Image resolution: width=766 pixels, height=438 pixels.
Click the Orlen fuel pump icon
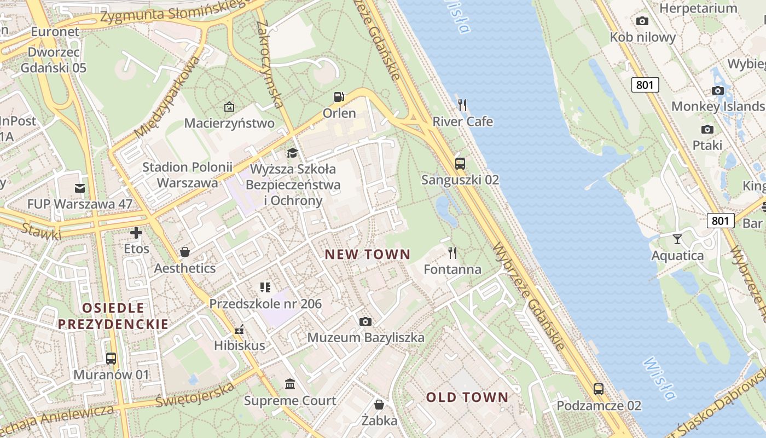click(339, 97)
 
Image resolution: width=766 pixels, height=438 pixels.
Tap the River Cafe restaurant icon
click(462, 105)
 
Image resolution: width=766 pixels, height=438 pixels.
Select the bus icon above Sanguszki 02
click(460, 163)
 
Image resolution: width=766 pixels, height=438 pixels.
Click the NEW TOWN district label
click(367, 254)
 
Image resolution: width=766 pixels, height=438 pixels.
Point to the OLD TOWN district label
click(467, 397)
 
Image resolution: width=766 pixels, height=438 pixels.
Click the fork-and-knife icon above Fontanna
click(452, 252)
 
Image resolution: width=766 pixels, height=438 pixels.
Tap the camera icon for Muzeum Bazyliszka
click(365, 321)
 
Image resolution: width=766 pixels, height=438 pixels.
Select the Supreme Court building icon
click(290, 384)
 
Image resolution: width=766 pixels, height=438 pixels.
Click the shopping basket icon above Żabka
click(379, 405)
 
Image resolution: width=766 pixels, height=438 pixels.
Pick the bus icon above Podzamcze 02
click(599, 389)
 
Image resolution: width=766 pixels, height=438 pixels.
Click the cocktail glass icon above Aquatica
click(677, 239)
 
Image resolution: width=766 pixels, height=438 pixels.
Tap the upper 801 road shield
click(645, 85)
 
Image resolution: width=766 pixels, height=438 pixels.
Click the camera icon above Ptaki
click(707, 129)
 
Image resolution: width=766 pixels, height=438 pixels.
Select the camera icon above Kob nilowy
click(642, 21)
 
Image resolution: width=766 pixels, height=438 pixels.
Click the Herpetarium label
click(698, 8)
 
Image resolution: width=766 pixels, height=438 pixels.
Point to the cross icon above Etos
click(136, 233)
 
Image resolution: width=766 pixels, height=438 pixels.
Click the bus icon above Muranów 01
click(111, 359)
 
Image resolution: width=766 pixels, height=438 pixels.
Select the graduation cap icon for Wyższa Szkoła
click(293, 153)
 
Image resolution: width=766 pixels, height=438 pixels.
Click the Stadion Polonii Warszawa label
click(187, 175)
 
